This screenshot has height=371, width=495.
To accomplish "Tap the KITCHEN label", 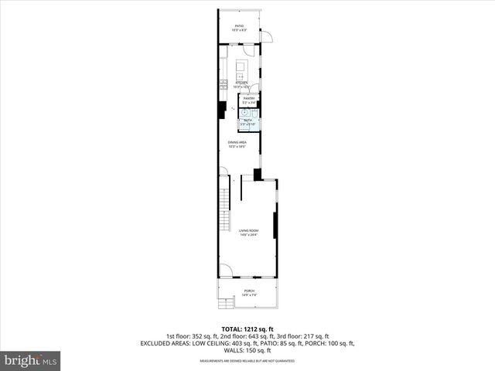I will click(241, 83).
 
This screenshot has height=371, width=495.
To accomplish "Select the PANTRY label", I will click(249, 99).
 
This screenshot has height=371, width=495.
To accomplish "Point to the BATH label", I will click(248, 121).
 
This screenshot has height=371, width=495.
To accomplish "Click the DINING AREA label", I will click(237, 143).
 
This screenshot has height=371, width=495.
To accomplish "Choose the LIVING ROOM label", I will click(247, 231).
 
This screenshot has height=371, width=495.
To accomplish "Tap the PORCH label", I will click(249, 291).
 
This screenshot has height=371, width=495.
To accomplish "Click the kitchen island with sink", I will click(240, 70).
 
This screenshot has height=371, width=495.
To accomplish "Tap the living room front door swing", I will click(225, 271).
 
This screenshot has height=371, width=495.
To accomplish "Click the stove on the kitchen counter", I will click(222, 85).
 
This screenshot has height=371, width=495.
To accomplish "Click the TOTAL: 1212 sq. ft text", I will click(247, 328).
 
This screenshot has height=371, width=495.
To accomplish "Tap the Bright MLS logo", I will click(31, 360).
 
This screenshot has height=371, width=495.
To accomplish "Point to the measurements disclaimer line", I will click(247, 360).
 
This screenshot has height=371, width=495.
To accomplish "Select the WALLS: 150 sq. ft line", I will click(247, 350).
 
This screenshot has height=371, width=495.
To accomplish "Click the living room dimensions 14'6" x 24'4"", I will click(247, 235).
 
